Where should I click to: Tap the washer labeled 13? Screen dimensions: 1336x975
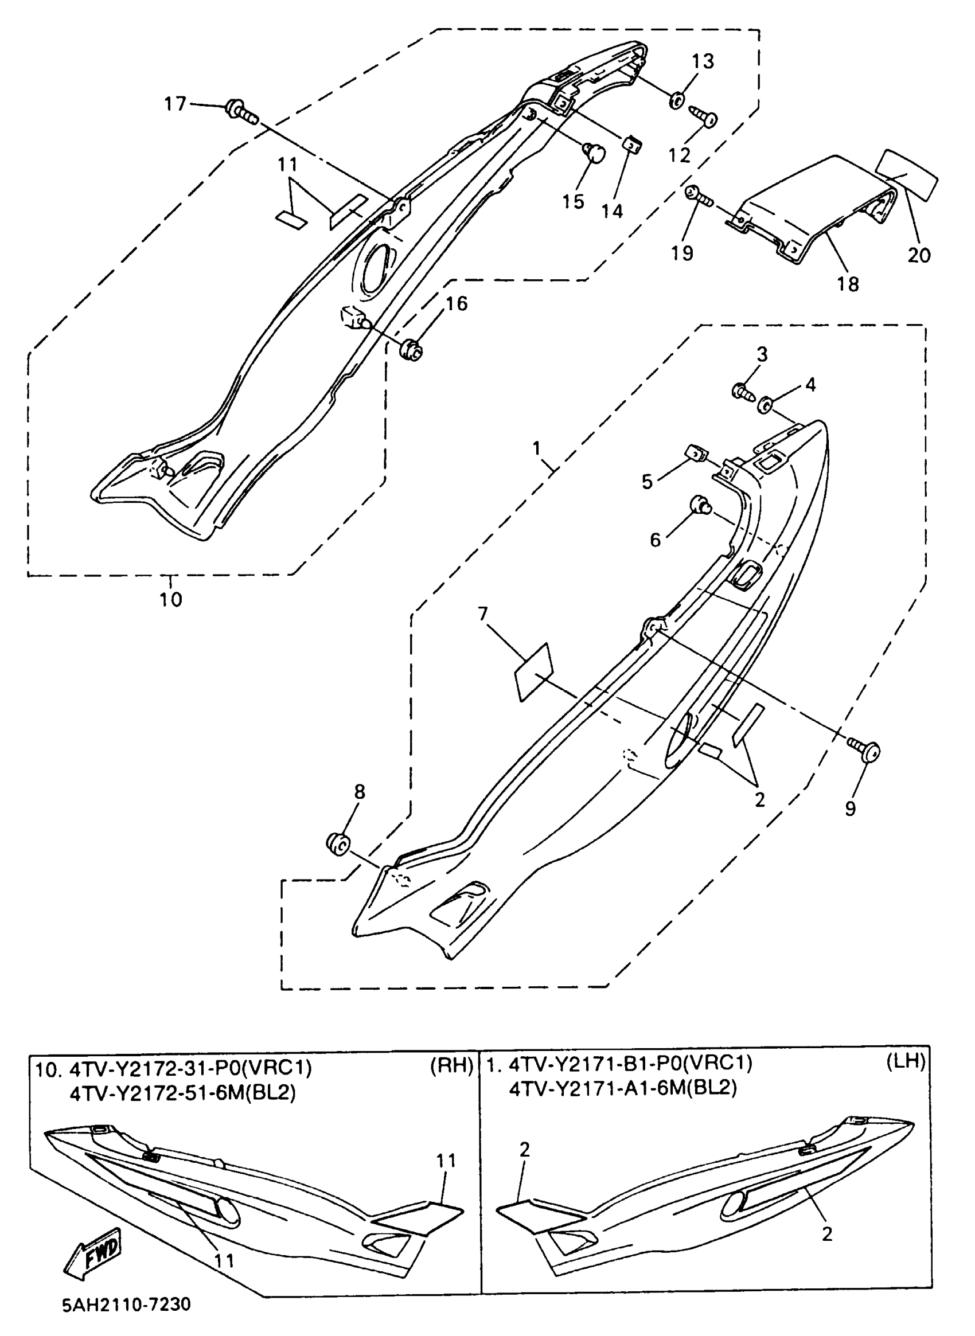[x=676, y=100]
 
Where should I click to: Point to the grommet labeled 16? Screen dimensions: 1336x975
[x=411, y=350]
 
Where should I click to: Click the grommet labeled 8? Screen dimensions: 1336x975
[x=338, y=844]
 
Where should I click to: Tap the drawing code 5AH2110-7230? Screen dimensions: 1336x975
[x=126, y=1303]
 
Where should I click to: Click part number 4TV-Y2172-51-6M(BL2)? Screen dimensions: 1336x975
[x=182, y=1093]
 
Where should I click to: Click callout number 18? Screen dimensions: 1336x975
[x=848, y=284]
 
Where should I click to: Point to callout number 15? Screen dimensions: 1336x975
[x=572, y=201]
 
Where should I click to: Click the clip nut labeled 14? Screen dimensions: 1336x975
[x=633, y=143]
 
